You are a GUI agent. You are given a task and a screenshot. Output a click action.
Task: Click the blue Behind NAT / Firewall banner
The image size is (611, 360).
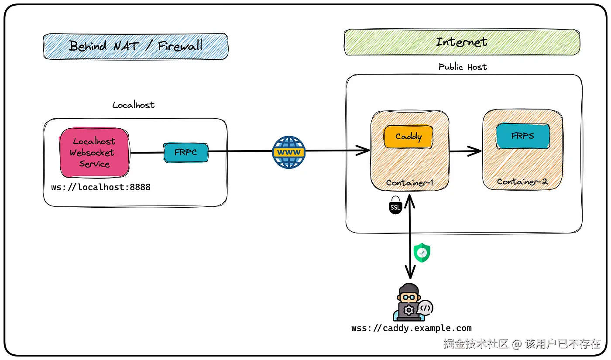click(x=136, y=46)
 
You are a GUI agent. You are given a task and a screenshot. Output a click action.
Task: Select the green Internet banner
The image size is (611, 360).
click(x=462, y=42)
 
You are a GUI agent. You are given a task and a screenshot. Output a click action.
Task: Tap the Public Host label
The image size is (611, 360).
click(x=463, y=67)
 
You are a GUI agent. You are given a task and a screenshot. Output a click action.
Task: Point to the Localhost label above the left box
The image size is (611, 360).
click(x=134, y=105)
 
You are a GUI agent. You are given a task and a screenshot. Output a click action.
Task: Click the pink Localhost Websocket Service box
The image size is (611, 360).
click(x=94, y=153)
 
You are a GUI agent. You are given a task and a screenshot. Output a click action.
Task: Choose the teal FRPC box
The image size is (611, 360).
click(x=186, y=153)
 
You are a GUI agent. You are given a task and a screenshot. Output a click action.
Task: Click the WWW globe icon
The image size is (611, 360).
click(x=289, y=152)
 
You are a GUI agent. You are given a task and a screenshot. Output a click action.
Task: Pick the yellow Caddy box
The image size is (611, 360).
click(x=408, y=137)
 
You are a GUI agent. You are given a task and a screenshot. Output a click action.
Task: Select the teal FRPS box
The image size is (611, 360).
click(x=523, y=136)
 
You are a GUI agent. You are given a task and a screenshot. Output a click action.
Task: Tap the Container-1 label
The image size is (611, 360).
click(x=409, y=183)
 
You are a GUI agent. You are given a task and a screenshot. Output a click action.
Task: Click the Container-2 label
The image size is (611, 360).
click(x=522, y=182)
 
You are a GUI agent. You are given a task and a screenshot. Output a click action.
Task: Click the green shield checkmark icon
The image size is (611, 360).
click(x=422, y=253)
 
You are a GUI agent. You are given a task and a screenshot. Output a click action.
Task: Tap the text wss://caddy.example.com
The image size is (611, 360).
click(x=412, y=328)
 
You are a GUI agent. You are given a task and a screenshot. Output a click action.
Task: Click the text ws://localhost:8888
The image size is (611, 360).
click(x=101, y=187)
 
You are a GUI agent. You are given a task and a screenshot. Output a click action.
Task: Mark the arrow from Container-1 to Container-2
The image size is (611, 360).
click(x=465, y=151)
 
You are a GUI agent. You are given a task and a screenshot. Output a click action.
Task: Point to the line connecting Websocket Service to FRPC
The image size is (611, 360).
click(x=147, y=153)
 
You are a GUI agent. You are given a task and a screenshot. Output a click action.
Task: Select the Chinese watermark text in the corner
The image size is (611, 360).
click(x=522, y=344)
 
